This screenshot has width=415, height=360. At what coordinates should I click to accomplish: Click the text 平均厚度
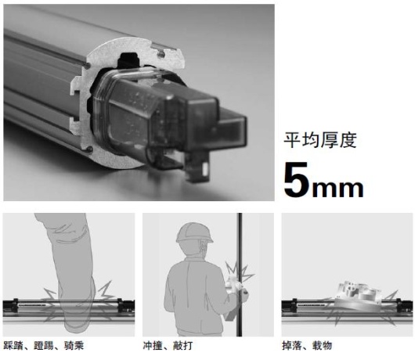pyautogui.click(x=321, y=141)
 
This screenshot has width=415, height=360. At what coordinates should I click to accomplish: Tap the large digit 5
pyautogui.click(x=299, y=181)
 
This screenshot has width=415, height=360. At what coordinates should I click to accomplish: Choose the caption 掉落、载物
pyautogui.click(x=306, y=344)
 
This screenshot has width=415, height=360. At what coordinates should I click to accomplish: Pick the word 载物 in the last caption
pyautogui.click(x=320, y=344)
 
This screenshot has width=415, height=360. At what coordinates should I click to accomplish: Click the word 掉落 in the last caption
pyautogui.click(x=290, y=344)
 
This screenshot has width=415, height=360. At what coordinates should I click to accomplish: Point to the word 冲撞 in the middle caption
pyautogui.click(x=153, y=344)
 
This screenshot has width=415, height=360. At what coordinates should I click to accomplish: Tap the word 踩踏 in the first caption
pyautogui.click(x=13, y=344)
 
